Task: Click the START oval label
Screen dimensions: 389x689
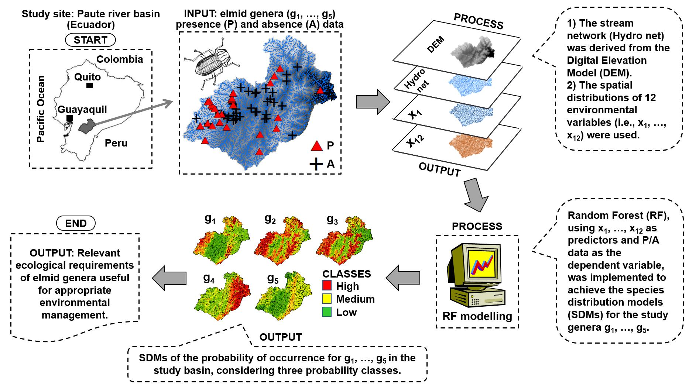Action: point(90,40)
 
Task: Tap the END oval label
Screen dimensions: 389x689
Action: point(76,223)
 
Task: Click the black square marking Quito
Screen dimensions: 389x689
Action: point(89,85)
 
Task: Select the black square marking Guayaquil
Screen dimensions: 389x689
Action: point(69,118)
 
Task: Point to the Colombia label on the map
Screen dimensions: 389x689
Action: point(119,59)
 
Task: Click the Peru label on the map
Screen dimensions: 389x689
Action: point(116,143)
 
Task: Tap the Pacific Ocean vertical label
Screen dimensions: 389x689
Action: point(41,109)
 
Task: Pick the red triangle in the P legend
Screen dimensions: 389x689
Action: point(317,146)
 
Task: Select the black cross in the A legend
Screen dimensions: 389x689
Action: point(316,164)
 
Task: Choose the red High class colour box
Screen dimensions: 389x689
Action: point(327,285)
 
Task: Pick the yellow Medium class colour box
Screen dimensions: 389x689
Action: point(327,299)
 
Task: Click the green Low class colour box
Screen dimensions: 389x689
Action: point(327,312)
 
